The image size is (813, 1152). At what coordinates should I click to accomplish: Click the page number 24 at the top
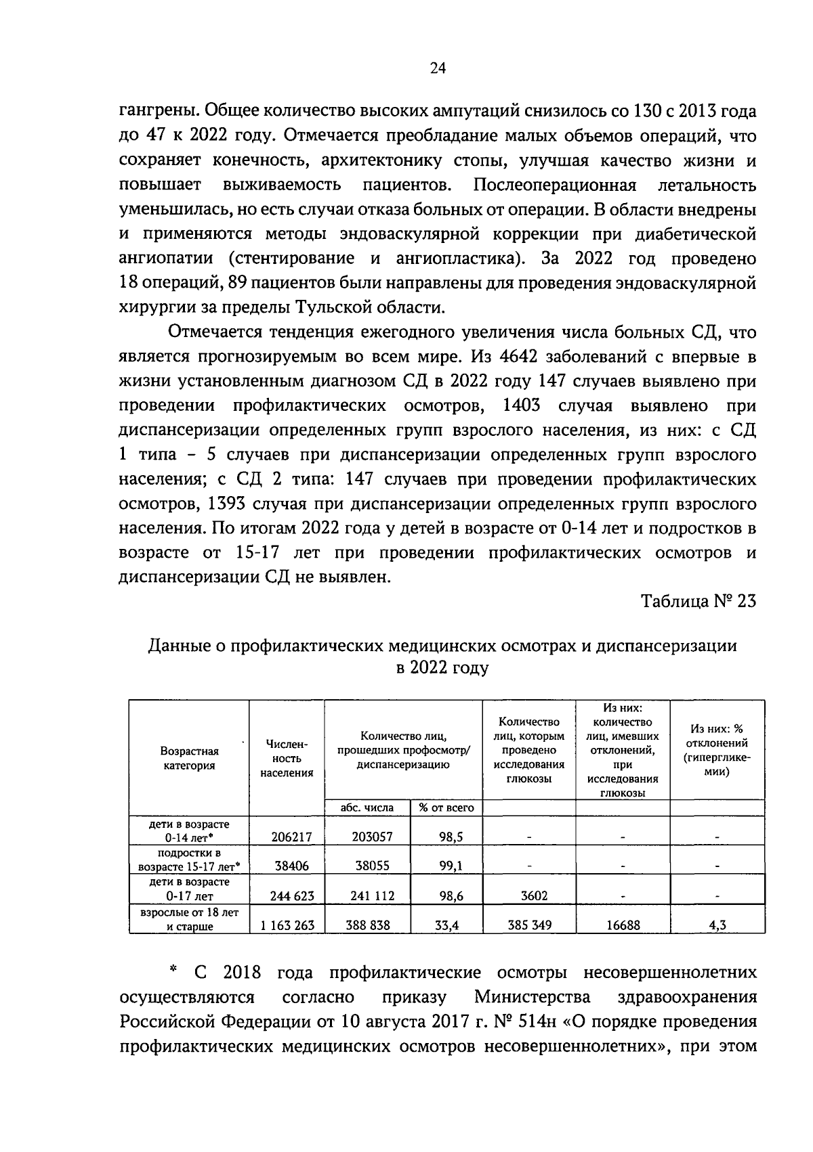pyautogui.click(x=438, y=68)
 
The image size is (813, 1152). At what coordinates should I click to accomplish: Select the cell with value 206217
pyautogui.click(x=291, y=837)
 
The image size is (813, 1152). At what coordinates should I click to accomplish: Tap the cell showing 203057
pyautogui.click(x=372, y=837)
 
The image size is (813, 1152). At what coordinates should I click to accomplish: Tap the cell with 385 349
pyautogui.click(x=529, y=925)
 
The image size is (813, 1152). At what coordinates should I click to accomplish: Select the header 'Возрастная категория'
pyautogui.click(x=189, y=758)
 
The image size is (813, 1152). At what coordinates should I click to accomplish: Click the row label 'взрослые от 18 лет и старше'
pyautogui.click(x=189, y=919)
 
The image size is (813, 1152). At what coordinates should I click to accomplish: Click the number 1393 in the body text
pyautogui.click(x=232, y=504)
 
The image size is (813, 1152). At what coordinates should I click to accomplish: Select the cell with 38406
pyautogui.click(x=291, y=866)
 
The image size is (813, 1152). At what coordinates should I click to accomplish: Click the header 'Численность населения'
pyautogui.click(x=287, y=758)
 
